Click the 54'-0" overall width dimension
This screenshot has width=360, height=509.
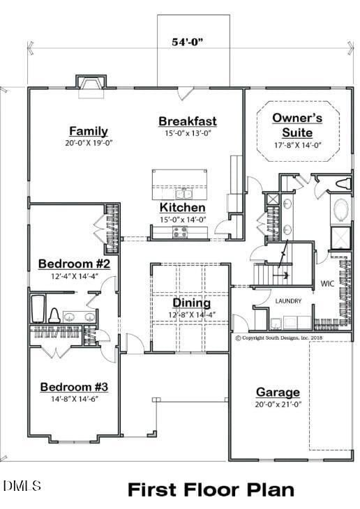tap(188, 42)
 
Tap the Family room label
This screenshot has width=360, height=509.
tap(89, 131)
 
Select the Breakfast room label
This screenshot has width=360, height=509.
tap(188, 121)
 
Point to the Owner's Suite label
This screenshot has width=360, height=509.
tap(297, 125)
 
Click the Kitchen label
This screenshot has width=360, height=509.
tap(183, 208)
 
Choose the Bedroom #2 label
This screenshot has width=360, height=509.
tap(79, 264)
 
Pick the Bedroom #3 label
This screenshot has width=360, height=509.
tap(74, 387)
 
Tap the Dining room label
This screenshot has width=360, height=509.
tap(192, 303)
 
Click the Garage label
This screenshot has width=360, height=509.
tap(278, 393)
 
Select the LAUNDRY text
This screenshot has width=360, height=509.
tap(288, 301)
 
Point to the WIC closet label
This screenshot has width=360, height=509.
tap(327, 284)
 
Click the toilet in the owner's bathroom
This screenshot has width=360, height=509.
tap(342, 184)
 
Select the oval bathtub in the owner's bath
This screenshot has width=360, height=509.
tap(341, 210)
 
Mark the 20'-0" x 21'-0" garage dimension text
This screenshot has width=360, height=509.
tap(278, 404)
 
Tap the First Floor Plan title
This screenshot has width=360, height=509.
tap(211, 489)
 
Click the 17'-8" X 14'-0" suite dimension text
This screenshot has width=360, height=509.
tap(298, 146)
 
